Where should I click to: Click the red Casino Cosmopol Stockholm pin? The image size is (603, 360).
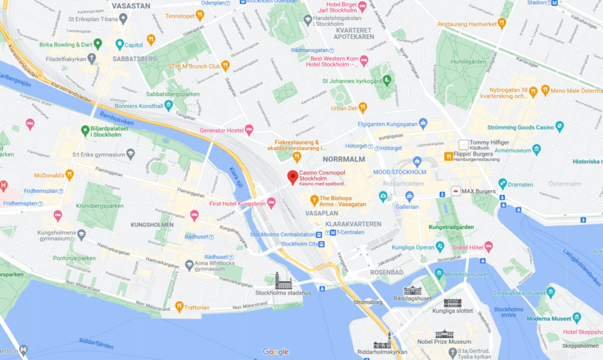(x=292, y=177)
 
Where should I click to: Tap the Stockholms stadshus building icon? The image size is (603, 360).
(x=283, y=280)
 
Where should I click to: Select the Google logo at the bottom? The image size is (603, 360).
(x=275, y=352)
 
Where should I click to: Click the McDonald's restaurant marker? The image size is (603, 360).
(x=69, y=175)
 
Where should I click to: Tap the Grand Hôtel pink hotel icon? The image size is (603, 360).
(x=489, y=248)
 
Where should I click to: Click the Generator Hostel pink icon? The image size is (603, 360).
(x=249, y=130)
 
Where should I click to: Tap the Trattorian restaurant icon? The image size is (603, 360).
(x=179, y=307)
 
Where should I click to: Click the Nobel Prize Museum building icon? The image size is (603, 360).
(x=444, y=334)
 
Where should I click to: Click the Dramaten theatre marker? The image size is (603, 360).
(x=503, y=184)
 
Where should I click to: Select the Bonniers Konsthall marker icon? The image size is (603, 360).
(x=168, y=106)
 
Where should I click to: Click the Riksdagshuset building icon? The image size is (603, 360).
(x=412, y=290)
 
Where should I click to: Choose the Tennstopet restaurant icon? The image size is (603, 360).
(x=200, y=15)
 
